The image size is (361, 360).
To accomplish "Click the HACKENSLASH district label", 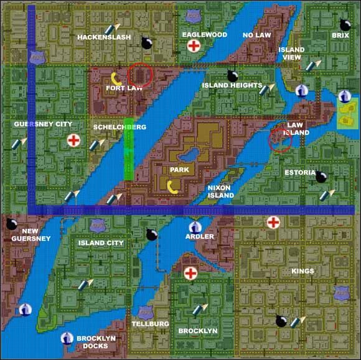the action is pyautogui.click(x=104, y=37).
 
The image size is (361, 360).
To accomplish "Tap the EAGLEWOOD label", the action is pyautogui.click(x=204, y=35).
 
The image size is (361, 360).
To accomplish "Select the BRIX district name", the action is pyautogui.click(x=340, y=36).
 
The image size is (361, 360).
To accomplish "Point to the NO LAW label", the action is pyautogui.click(x=257, y=35).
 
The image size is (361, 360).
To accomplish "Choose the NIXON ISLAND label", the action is pyautogui.click(x=220, y=191).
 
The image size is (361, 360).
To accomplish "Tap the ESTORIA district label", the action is pyautogui.click(x=300, y=172).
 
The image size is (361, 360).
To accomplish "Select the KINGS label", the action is pyautogui.click(x=302, y=271).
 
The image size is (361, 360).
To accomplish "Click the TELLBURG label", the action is pyautogui.click(x=150, y=324).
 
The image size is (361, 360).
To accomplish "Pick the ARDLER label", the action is pyautogui.click(x=200, y=236).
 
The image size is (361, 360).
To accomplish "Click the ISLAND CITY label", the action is pyautogui.click(x=101, y=243).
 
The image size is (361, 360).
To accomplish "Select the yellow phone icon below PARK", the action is pyautogui.click(x=172, y=186).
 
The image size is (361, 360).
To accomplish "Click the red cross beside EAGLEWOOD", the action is pyautogui.click(x=194, y=45).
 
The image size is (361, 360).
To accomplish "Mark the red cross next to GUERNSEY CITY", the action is pyautogui.click(x=73, y=140).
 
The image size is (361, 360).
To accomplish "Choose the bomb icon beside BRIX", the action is pyautogui.click(x=345, y=25).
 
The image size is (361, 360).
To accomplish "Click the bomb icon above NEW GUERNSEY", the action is pyautogui.click(x=11, y=224).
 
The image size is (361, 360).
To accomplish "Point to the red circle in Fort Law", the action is pyautogui.click(x=140, y=75).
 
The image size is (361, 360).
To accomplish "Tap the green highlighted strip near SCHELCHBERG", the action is pyautogui.click(x=128, y=149).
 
